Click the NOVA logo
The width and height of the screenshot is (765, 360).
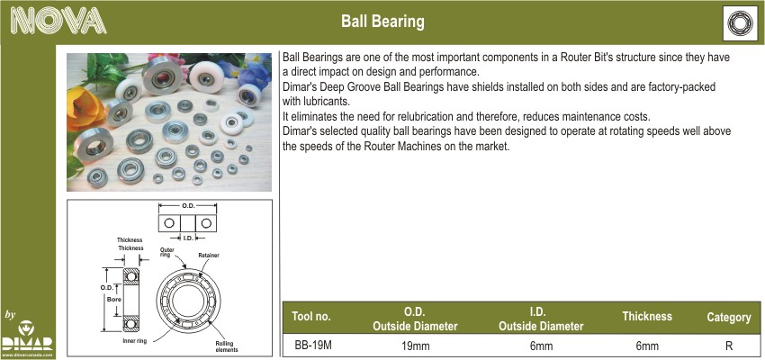coord(58,21)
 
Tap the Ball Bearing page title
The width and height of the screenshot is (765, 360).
coord(382,22)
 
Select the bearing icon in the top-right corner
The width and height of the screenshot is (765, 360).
coord(740,22)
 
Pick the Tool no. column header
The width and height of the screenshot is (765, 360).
coord(311,316)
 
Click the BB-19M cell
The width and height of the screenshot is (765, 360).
coord(313,346)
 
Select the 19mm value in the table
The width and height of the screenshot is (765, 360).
coord(415,346)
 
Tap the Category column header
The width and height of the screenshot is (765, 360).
coord(728,318)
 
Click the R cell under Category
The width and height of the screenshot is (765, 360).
coord(729,346)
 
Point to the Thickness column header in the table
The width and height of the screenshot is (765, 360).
coord(647,316)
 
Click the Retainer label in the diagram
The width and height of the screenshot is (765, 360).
coord(209,255)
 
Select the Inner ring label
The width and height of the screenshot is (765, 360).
coord(134,341)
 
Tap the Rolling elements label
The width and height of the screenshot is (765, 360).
coord(227,346)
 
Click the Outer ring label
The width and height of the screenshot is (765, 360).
coord(167,252)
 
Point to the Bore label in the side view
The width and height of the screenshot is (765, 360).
coord(114,300)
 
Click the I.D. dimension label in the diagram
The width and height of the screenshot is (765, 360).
coord(188,238)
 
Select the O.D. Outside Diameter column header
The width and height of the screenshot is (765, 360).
coord(415,319)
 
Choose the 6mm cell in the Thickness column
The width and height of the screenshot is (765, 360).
coord(647,346)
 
